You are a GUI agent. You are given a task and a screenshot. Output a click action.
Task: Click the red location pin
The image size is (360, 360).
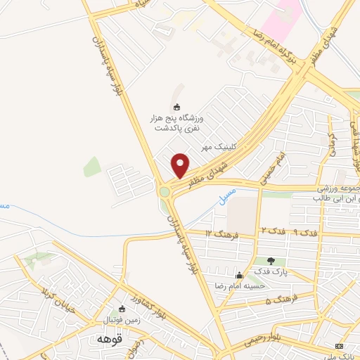tap(181, 165)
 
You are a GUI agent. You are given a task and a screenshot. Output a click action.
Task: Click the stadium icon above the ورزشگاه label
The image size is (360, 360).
tap(176, 107)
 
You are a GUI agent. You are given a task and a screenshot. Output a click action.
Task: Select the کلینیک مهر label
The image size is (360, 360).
tap(217, 147)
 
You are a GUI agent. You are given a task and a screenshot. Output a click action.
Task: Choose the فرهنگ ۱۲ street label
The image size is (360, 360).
tap(219, 232)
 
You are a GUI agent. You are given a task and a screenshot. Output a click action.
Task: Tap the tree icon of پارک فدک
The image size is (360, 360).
tap(271, 261)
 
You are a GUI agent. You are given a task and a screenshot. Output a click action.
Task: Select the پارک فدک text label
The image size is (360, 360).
tap(271, 271)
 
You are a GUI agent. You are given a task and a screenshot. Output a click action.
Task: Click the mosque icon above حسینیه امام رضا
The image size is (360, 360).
tap(240, 275)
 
